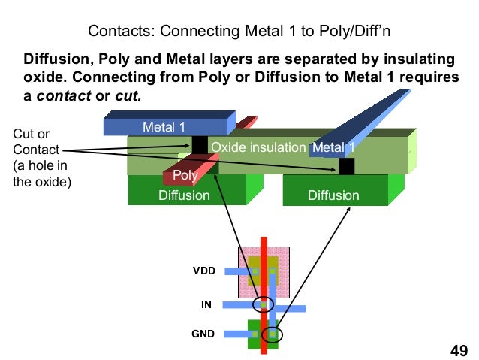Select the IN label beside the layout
pyautogui.click(x=206, y=304)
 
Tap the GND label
pyautogui.click(x=204, y=332)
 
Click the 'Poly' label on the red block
pyautogui.click(x=184, y=175)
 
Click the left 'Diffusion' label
pyautogui.click(x=184, y=195)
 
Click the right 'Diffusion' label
pyautogui.click(x=334, y=195)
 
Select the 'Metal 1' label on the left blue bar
pyautogui.click(x=164, y=126)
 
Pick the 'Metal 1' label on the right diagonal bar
pyautogui.click(x=334, y=147)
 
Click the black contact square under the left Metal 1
pyautogui.click(x=200, y=144)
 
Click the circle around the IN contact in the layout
pyautogui.click(x=263, y=305)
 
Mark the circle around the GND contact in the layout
pyautogui.click(x=273, y=333)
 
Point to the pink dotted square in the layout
pyautogui.click(x=244, y=256)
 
